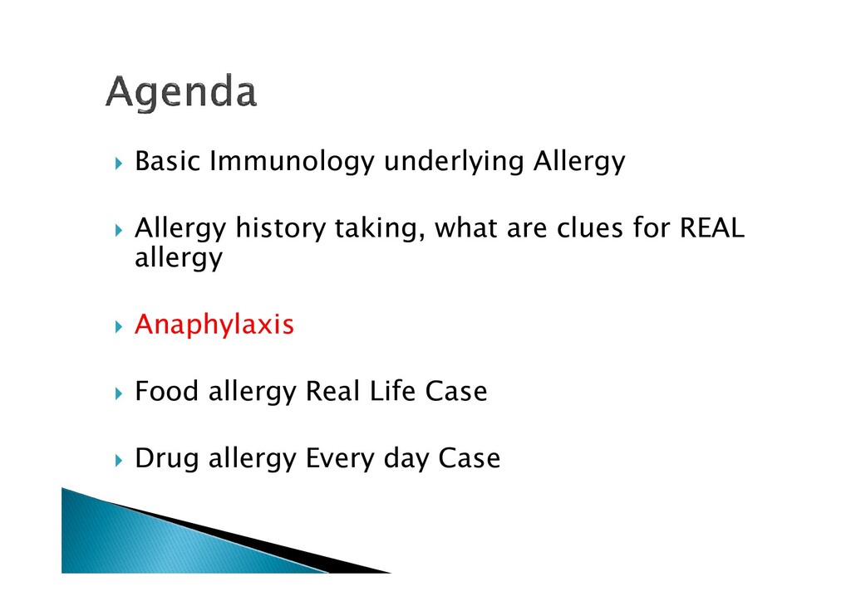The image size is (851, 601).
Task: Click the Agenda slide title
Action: coord(180,93)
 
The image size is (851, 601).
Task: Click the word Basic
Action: coord(168,161)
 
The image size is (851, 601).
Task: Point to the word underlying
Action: coord(454,162)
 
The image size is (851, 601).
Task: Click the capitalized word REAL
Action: coord(711,227)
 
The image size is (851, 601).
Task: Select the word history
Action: coord(280,228)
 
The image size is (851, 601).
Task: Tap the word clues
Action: coord(590,227)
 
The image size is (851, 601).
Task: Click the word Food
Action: coord(166,391)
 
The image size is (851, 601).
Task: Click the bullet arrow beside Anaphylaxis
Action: coord(119,326)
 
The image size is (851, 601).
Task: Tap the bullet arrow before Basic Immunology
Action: coord(119,164)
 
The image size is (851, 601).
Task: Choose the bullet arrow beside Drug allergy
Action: coord(119,460)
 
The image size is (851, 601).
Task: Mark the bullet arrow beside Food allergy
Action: coord(119,393)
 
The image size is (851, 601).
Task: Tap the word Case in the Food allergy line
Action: coord(456,391)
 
